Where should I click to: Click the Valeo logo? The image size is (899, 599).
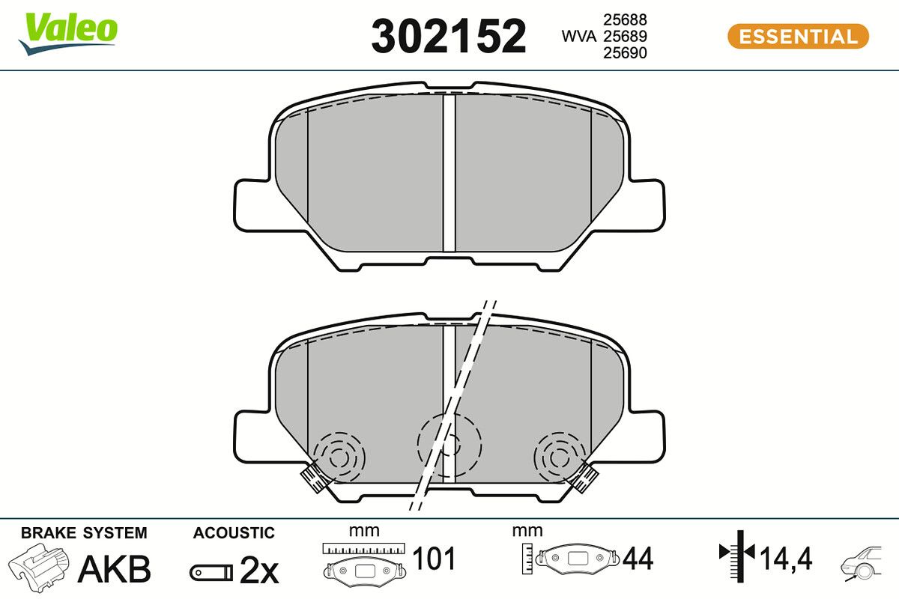tap(68, 32)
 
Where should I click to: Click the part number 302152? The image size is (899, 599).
tap(449, 36)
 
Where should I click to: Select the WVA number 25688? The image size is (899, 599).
tap(625, 19)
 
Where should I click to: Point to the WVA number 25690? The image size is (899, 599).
tap(625, 52)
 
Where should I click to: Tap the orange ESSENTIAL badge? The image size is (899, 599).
tap(798, 36)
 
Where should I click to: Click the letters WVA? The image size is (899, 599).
tap(578, 36)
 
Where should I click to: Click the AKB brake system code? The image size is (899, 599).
tap(115, 568)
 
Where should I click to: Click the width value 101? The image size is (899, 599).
tap(434, 559)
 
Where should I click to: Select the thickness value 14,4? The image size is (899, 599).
tap(786, 559)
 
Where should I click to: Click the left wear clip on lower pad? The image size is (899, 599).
tap(314, 478)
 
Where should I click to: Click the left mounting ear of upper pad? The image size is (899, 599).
tap(252, 207)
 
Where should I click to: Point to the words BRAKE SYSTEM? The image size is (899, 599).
tap(84, 533)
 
